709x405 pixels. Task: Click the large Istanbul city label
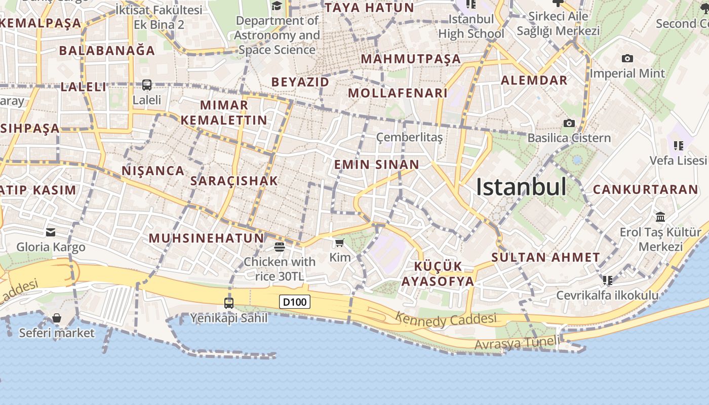pyautogui.click(x=521, y=187)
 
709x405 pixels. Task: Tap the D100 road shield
pyautogui.click(x=294, y=302)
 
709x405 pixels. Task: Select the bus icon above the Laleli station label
pyautogui.click(x=147, y=85)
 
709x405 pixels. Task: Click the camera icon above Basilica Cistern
pyautogui.click(x=569, y=123)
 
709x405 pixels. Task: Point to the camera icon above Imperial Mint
pyautogui.click(x=627, y=59)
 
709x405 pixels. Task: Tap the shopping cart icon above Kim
pyautogui.click(x=340, y=243)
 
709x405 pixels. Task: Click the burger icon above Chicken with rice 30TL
pyautogui.click(x=279, y=247)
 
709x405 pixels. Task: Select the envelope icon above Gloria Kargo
pyautogui.click(x=51, y=232)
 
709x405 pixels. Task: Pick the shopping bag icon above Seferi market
pyautogui.click(x=57, y=318)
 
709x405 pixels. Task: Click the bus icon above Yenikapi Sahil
pyautogui.click(x=229, y=303)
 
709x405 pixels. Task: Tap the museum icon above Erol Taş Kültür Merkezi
pyautogui.click(x=660, y=217)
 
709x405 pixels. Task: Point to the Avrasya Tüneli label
pyautogui.click(x=518, y=343)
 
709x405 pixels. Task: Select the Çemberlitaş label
pyautogui.click(x=410, y=137)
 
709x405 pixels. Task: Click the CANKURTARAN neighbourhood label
pyautogui.click(x=645, y=189)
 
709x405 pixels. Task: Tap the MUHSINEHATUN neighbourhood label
pyautogui.click(x=206, y=238)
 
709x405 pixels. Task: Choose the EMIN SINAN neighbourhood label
pyautogui.click(x=376, y=165)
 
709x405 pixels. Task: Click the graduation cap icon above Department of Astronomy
pyautogui.click(x=277, y=6)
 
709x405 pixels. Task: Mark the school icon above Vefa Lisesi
pyautogui.click(x=679, y=146)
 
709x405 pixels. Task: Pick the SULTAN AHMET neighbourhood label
pyautogui.click(x=545, y=257)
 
